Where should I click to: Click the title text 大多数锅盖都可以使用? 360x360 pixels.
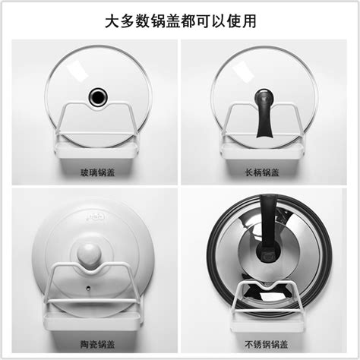[x=180, y=21]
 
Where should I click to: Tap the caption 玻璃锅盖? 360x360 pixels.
[x=96, y=172]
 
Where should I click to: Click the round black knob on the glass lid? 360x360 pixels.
[x=97, y=96]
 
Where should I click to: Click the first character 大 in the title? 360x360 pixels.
[x=112, y=21]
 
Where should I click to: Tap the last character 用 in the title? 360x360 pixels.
[x=248, y=21]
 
